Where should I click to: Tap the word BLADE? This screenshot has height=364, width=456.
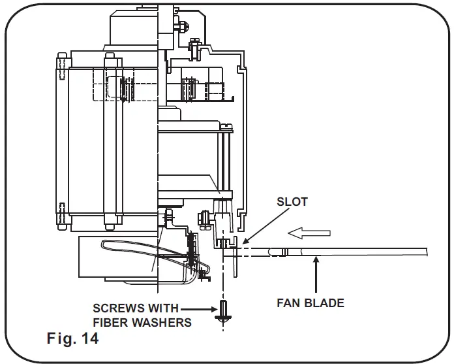[327, 303]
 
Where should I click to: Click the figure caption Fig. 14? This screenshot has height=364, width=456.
[72, 339]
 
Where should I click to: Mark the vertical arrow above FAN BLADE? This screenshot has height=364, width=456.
[315, 274]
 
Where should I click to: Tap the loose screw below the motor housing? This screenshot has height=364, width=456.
[222, 312]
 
